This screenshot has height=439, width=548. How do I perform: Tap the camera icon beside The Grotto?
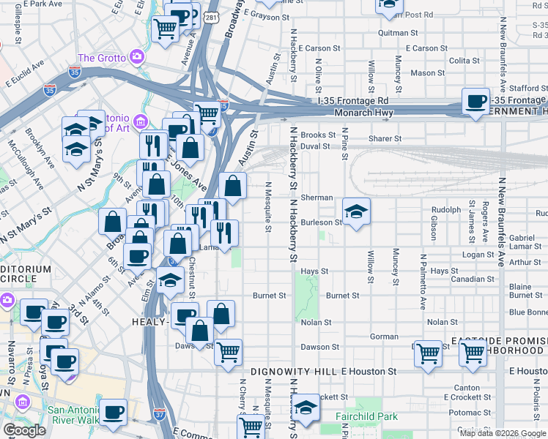[137, 57]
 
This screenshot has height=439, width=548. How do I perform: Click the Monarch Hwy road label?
[364, 113]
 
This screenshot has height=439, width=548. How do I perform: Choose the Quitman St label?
[399, 33]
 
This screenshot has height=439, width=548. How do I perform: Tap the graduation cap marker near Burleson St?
[356, 212]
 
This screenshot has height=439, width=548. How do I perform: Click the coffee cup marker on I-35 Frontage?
[475, 101]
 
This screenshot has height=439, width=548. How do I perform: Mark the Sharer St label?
[385, 138]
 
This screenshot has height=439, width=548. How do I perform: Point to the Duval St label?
[315, 146]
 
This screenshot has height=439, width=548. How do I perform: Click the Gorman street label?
[384, 336]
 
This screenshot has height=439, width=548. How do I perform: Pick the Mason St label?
[422, 73]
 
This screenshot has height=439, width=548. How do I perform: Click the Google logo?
[23, 429]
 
